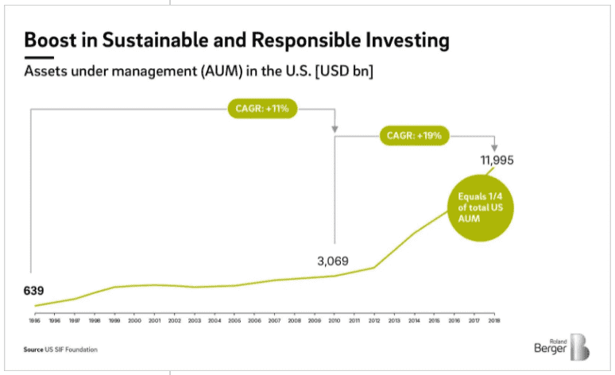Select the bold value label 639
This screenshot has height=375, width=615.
point(34,290)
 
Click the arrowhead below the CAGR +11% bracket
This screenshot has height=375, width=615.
point(335,129)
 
